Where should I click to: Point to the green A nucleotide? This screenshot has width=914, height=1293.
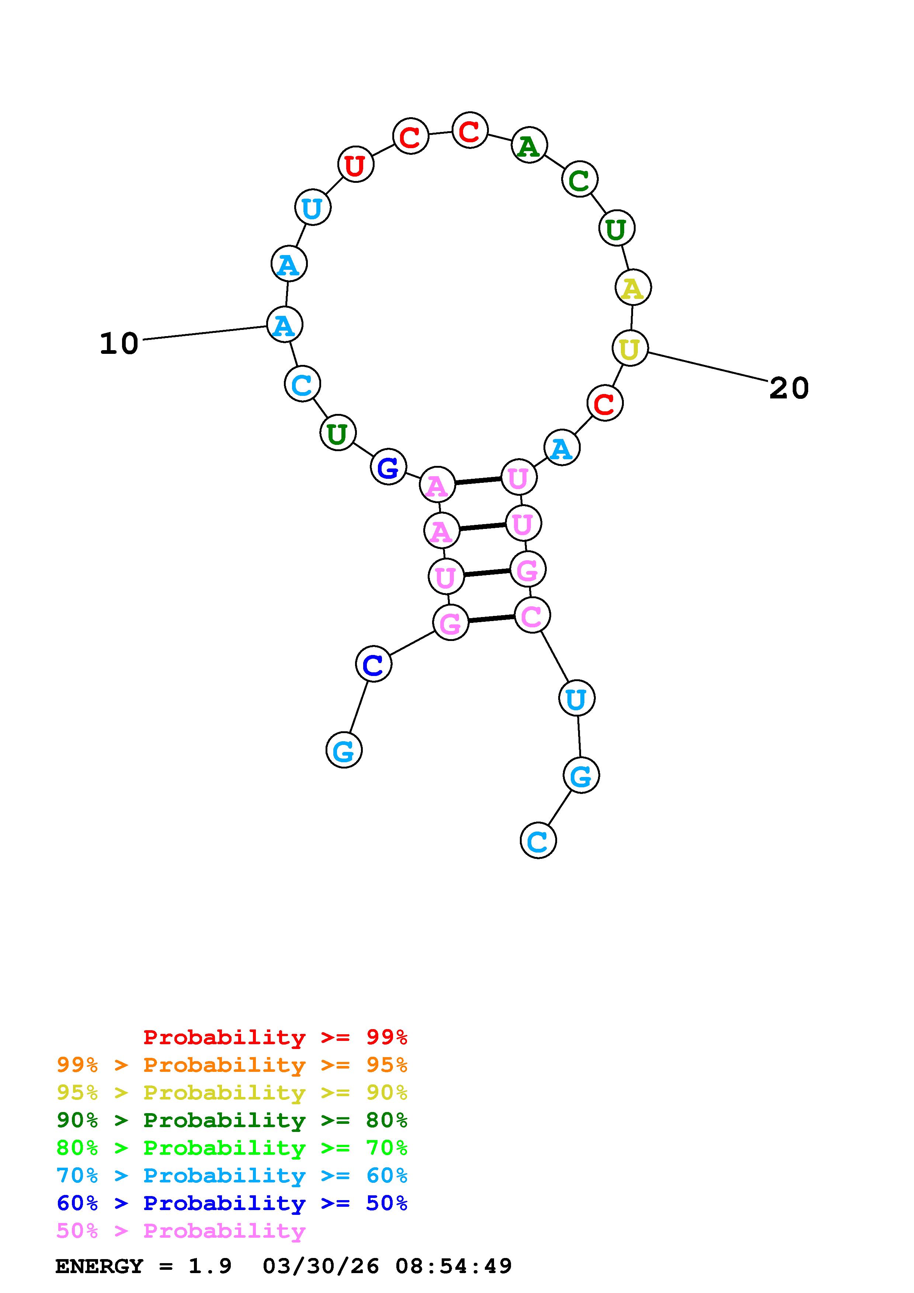[x=529, y=146]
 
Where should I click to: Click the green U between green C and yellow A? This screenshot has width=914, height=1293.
[x=616, y=229]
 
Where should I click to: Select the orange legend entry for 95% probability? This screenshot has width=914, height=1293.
[x=232, y=1065]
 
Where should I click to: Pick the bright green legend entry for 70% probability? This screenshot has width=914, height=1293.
[x=232, y=1148]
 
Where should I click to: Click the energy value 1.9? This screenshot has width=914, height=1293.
[x=210, y=1266]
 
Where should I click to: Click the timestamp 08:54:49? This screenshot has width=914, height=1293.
[x=453, y=1266]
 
